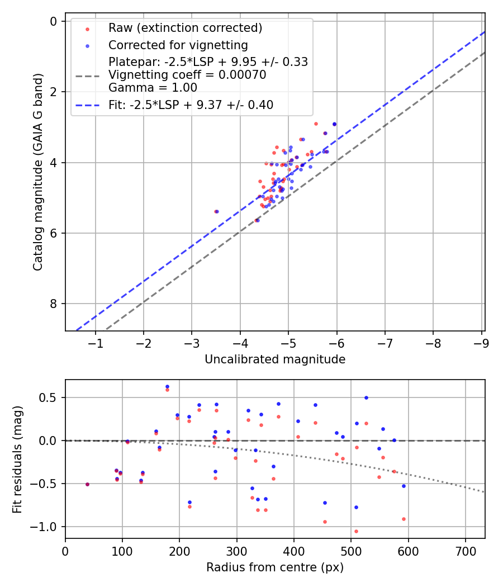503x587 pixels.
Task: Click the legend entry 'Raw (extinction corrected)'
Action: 185,28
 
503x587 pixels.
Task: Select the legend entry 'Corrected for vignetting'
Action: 178,45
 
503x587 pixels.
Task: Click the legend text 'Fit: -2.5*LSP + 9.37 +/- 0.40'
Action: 191,105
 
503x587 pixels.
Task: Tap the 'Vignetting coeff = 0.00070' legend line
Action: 187,74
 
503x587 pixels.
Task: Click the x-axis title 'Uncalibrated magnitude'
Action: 275,359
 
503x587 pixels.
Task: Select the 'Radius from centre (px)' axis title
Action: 275,567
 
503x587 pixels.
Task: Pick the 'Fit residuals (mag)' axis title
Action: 18,458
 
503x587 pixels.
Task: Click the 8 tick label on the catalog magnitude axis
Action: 54,304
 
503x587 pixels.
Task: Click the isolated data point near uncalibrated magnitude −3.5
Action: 216,211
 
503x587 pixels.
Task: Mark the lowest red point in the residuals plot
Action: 356,531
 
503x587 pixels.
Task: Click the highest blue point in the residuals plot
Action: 167,386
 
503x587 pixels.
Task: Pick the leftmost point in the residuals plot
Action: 87,484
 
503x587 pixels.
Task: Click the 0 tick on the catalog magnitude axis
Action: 54,21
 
